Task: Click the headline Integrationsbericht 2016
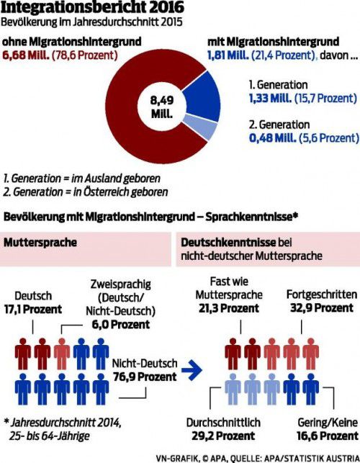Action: pyautogui.click(x=92, y=7)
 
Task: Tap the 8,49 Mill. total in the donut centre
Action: pyautogui.click(x=162, y=107)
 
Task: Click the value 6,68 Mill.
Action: pyautogui.click(x=26, y=55)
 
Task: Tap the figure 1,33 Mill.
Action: pyautogui.click(x=270, y=98)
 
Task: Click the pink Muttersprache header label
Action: pyautogui.click(x=40, y=243)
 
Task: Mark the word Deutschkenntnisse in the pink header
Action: pyautogui.click(x=228, y=243)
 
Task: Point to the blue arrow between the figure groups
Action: pyautogui.click(x=192, y=370)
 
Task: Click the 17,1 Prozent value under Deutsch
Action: pyautogui.click(x=33, y=310)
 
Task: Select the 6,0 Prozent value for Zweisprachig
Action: pyautogui.click(x=120, y=325)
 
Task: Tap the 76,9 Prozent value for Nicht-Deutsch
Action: pyautogui.click(x=145, y=377)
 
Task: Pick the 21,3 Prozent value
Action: pyautogui.click(x=229, y=308)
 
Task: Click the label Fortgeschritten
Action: pyautogui.click(x=322, y=295)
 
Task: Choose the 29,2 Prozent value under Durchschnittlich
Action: pyautogui.click(x=223, y=436)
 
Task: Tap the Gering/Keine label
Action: pyautogui.click(x=328, y=423)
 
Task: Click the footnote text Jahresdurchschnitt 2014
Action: pyautogui.click(x=66, y=423)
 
